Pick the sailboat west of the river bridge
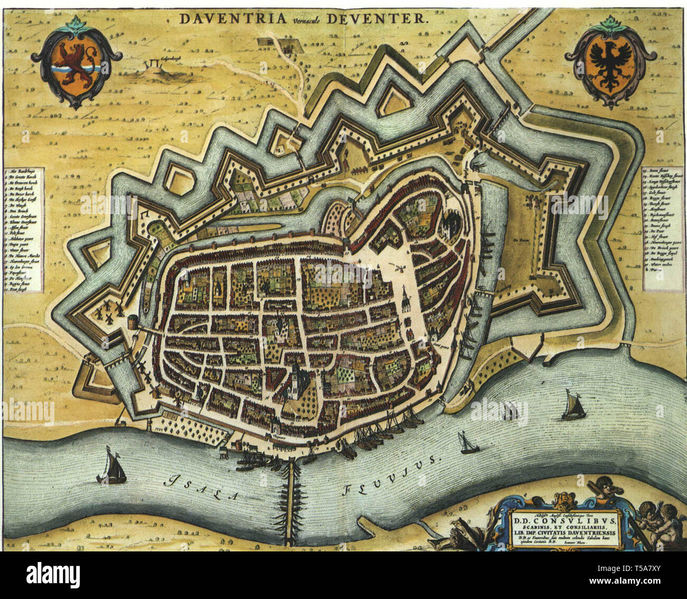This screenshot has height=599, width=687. coord(112,468)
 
